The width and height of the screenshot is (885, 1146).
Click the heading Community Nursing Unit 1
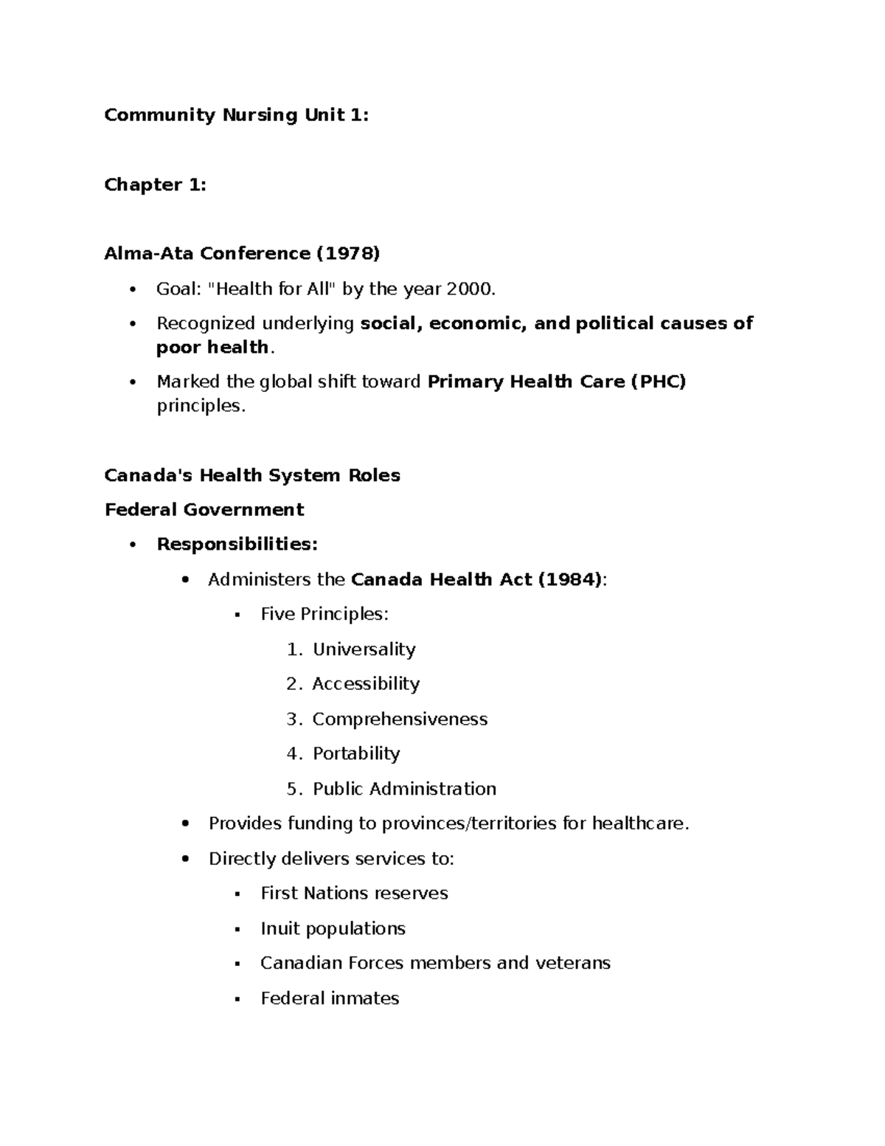[x=236, y=115]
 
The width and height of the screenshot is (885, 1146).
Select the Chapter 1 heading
[x=155, y=184]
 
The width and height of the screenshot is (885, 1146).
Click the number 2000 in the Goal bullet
[x=469, y=289]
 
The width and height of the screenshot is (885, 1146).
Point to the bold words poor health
[x=212, y=348]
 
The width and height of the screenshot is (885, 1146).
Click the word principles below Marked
[x=198, y=406]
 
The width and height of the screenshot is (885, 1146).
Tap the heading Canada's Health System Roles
[x=252, y=475]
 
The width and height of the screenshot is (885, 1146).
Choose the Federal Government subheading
[x=204, y=510]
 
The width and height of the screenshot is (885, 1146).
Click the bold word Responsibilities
[x=237, y=545]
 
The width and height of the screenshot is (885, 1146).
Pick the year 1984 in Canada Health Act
[x=569, y=580]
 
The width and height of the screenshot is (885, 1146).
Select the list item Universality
[x=364, y=649]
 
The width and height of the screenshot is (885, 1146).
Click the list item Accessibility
[x=366, y=684]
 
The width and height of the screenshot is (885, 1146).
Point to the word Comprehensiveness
[x=400, y=719]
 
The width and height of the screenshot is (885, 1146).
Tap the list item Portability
[x=356, y=753]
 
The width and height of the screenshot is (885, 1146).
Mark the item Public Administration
[x=404, y=789]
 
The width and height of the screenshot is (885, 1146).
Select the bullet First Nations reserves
[x=354, y=894]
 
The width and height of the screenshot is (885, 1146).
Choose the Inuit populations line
[x=333, y=928]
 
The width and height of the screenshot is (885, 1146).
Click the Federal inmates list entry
[x=330, y=998]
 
